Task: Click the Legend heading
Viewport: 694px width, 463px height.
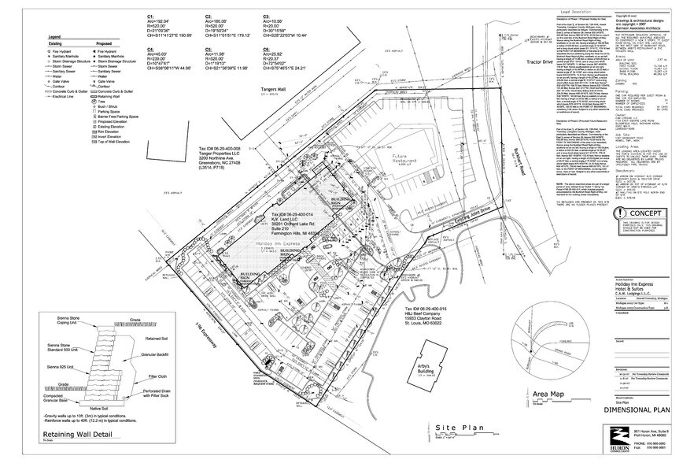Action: [x=54, y=37]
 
